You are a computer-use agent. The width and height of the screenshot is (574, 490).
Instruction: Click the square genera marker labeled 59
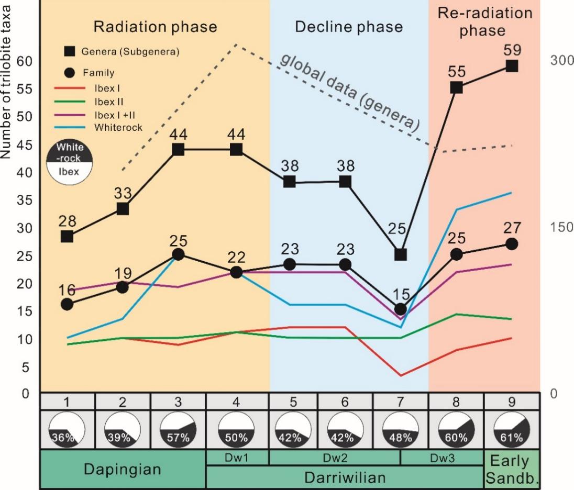coord(512,66)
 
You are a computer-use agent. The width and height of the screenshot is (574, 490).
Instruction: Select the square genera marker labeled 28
coord(67,236)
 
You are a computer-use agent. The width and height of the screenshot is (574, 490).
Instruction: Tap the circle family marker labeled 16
coord(67,304)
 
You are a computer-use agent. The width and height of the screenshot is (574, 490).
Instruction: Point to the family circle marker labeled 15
coord(401,309)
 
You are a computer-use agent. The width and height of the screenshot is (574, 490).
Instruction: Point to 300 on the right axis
coord(561,61)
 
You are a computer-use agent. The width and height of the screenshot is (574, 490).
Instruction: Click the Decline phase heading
coord(349,27)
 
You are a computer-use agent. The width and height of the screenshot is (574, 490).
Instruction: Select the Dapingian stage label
coord(123,469)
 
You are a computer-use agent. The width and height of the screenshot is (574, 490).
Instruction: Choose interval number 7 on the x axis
coord(400,402)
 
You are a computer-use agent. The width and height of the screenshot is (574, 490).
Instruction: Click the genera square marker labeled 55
coord(456,87)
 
